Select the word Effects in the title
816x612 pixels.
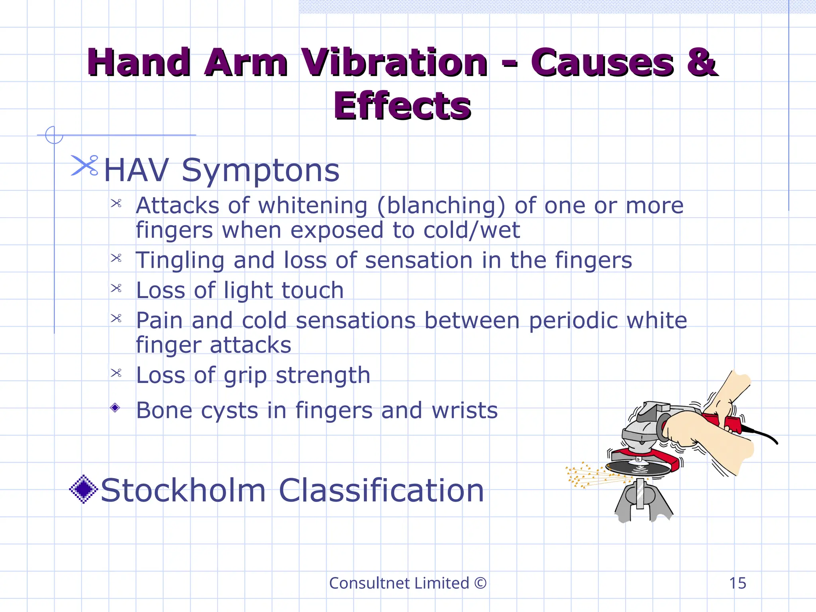pyautogui.click(x=402, y=106)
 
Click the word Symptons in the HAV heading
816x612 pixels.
pyautogui.click(x=261, y=171)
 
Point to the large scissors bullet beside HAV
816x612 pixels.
pyautogui.click(x=84, y=165)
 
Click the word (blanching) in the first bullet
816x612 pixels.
pyautogui.click(x=441, y=206)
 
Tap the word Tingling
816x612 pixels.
pyautogui.click(x=180, y=261)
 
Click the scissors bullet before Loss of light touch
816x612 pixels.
pyautogui.click(x=116, y=288)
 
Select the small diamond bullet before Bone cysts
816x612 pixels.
pyautogui.click(x=115, y=408)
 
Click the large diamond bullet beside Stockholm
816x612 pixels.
pyautogui.click(x=83, y=489)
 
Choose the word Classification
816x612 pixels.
pyautogui.click(x=381, y=490)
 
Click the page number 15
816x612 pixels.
pyautogui.click(x=738, y=583)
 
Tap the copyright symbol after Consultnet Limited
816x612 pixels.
pyautogui.click(x=481, y=583)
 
